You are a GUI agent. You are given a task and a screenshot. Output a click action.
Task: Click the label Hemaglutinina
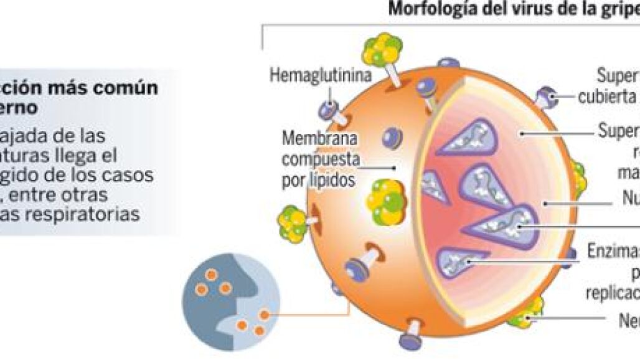coord(320,75)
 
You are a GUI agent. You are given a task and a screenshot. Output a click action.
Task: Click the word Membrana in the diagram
coord(313,136)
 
